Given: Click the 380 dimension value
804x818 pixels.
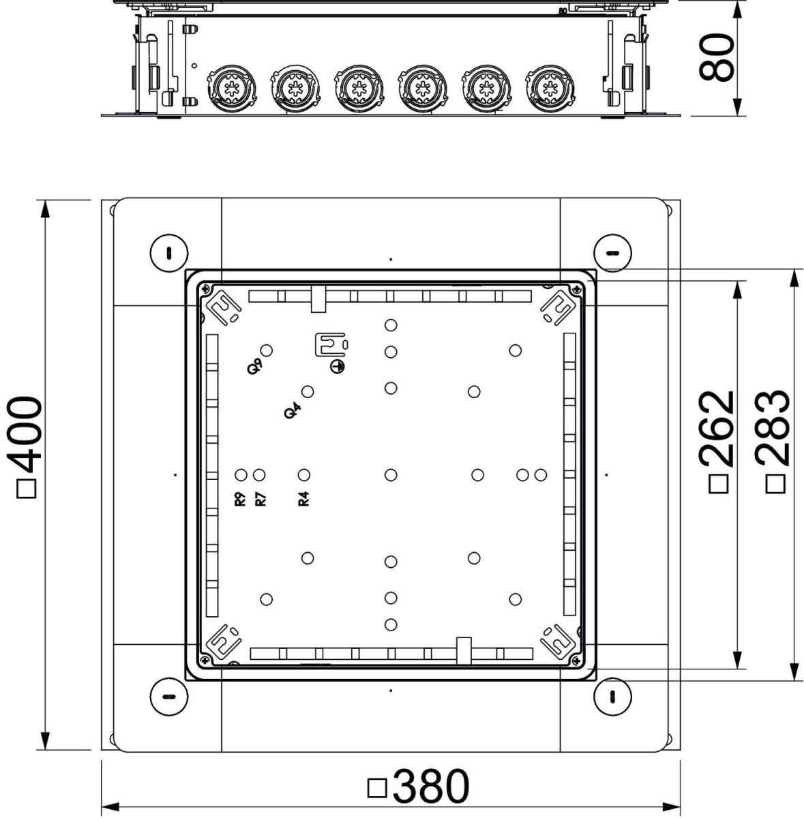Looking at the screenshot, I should click(x=430, y=787).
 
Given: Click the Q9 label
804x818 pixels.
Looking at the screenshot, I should click(x=254, y=366).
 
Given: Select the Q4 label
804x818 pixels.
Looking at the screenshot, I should click(x=292, y=410).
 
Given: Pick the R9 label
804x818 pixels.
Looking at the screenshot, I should click(x=240, y=498).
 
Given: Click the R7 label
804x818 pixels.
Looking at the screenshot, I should click(x=260, y=498).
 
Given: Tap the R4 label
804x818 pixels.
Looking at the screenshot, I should click(x=304, y=498).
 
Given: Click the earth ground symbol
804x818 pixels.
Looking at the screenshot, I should click(x=338, y=366).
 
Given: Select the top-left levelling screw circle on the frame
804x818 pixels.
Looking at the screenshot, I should click(x=167, y=254).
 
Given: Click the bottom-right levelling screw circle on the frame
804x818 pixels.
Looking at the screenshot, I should click(x=612, y=696).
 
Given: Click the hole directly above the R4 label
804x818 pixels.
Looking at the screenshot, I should click(x=304, y=474).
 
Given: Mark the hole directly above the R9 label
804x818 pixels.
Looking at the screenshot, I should click(x=241, y=474).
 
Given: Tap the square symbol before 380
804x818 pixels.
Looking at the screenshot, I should click(x=377, y=788).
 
